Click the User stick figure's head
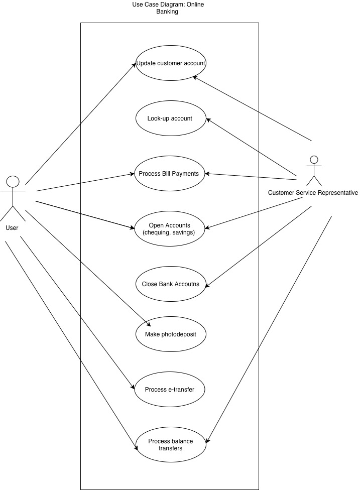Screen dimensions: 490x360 coord(13,181)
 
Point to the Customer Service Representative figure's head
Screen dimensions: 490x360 coord(314,160)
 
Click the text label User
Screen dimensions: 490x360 coord(12,228)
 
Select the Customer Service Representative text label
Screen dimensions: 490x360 coord(313,192)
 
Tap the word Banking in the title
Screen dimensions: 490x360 coord(167,12)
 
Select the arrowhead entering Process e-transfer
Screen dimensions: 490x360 coord(134,388)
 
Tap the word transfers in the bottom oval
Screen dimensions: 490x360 coord(171,448)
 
